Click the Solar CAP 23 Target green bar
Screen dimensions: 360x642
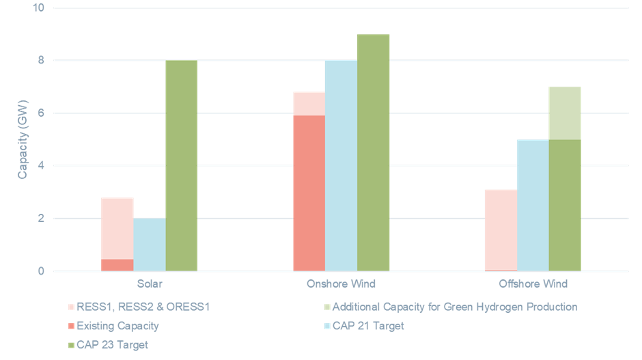(182, 166)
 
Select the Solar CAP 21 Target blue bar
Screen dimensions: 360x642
(150, 245)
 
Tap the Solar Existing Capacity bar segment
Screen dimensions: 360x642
(117, 265)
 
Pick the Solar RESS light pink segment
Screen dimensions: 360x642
(117, 228)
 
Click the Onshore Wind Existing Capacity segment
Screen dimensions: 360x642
(309, 193)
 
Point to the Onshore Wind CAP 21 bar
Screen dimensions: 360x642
(341, 166)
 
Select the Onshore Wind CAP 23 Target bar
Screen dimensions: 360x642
(374, 152)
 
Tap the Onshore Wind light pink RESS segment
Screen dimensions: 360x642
(309, 103)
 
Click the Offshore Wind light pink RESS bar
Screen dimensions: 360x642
(501, 230)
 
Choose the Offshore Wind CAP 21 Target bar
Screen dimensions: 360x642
(533, 205)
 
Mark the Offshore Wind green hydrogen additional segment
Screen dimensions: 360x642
(565, 113)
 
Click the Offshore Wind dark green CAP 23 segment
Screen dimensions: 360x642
(565, 205)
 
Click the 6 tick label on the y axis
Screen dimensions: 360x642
(41, 113)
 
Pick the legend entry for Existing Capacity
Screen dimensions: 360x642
(117, 326)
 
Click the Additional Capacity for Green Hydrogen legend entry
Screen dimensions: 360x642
(455, 307)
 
